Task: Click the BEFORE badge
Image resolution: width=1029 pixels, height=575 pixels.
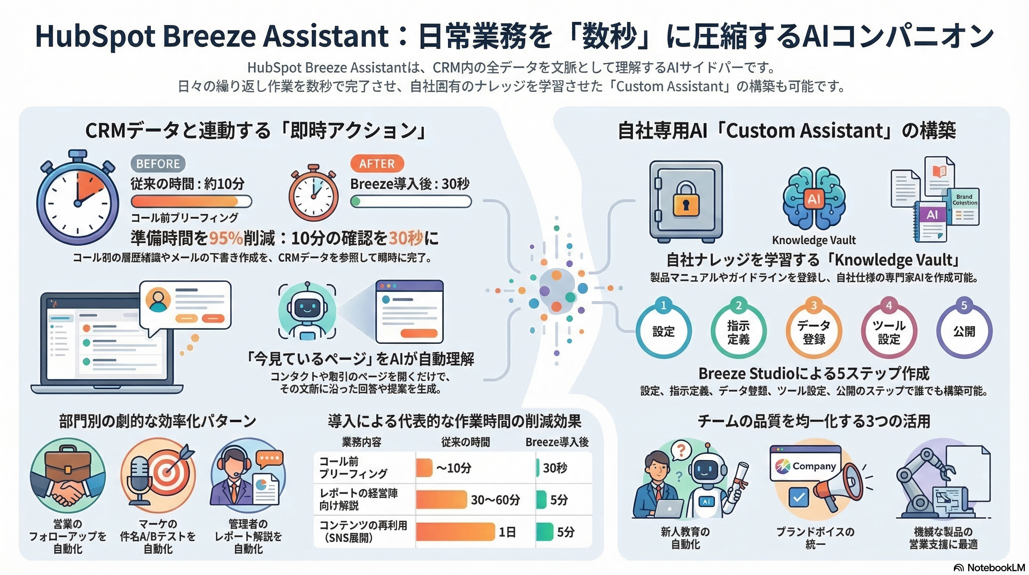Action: [x=158, y=164]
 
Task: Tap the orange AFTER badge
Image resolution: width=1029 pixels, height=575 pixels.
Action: [x=377, y=164]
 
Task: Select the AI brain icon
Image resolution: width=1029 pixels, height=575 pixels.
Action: [x=814, y=199]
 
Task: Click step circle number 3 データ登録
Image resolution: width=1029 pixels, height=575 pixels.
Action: [x=814, y=332]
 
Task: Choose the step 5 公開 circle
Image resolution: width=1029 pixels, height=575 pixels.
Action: [x=964, y=332]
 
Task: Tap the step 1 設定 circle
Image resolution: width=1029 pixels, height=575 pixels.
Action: [x=663, y=332]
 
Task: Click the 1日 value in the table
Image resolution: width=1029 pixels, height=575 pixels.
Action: [x=507, y=532]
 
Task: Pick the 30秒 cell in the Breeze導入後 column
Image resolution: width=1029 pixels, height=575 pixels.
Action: [x=555, y=468]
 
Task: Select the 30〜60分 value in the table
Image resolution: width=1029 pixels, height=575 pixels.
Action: [x=495, y=500]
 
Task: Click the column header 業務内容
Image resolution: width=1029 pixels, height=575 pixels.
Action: [x=362, y=442]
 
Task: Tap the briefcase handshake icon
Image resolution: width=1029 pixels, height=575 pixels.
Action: [x=68, y=476]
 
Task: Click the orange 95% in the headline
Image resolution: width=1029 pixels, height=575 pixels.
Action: [x=226, y=238]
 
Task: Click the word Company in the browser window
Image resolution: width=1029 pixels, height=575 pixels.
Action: [x=814, y=466]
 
